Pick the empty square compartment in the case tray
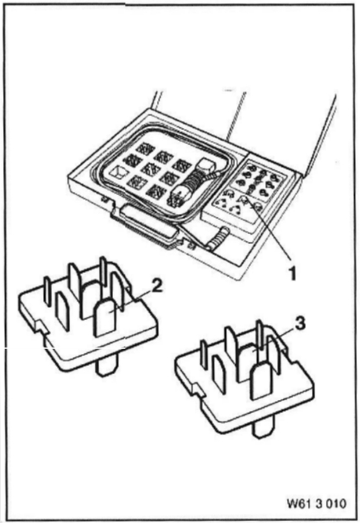pos(119,172)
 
